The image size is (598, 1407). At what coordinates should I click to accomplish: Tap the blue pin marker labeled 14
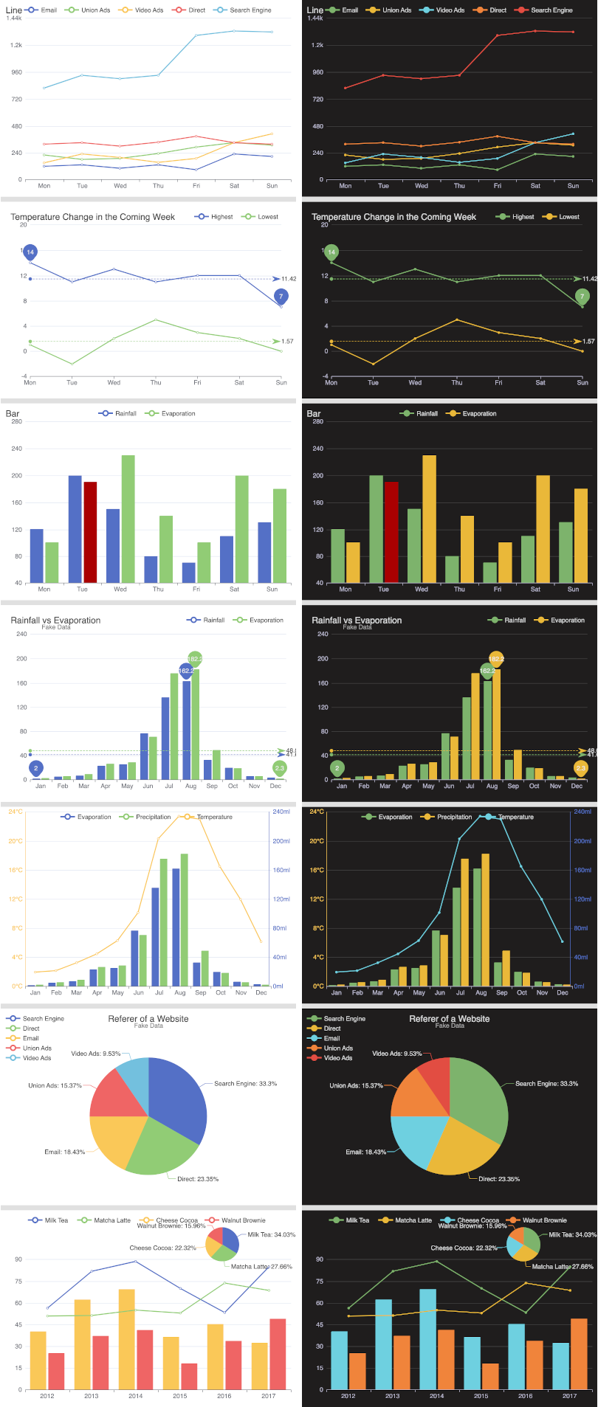click(30, 252)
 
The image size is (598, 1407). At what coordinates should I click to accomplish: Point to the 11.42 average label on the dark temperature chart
click(589, 279)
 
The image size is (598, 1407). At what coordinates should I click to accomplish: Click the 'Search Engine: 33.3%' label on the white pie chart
click(245, 1084)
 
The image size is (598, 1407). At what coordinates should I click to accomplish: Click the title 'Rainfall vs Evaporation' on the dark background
click(357, 620)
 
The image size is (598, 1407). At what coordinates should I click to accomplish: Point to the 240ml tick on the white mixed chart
click(281, 812)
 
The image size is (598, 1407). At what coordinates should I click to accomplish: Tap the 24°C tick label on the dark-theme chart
click(317, 812)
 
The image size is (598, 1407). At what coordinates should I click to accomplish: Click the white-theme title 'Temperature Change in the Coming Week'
click(92, 217)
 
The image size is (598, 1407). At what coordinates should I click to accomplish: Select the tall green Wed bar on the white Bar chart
click(128, 519)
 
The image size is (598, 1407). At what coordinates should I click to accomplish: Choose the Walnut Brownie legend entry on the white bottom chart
click(243, 1220)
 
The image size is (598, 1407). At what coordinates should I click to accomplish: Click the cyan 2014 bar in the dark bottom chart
click(428, 1338)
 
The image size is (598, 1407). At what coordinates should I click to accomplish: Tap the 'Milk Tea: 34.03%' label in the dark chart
click(572, 1234)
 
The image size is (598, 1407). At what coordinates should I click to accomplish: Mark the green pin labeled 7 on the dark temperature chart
click(582, 297)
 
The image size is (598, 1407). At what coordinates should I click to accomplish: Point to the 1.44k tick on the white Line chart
click(13, 18)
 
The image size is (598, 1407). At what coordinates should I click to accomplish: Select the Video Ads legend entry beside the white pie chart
click(36, 1058)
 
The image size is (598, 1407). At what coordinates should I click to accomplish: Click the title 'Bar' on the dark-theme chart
click(314, 414)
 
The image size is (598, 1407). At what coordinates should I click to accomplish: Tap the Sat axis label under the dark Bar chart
click(535, 589)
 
